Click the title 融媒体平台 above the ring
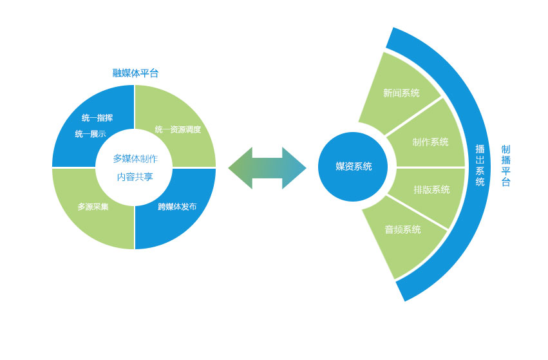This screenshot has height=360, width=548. pos(136,73)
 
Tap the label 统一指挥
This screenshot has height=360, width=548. pos(97,118)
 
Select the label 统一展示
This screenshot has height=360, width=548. pos(91,134)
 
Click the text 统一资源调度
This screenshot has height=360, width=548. pos(178,129)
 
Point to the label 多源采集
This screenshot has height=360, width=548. pos(93,207)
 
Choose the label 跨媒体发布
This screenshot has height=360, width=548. pos(177,207)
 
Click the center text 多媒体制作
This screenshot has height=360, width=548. pos(135,158)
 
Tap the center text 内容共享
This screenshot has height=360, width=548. pos(135,177)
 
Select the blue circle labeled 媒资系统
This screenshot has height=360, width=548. pos(353,167)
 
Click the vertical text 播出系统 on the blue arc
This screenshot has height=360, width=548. pos(480,165)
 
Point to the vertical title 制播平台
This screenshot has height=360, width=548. pos(505,166)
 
